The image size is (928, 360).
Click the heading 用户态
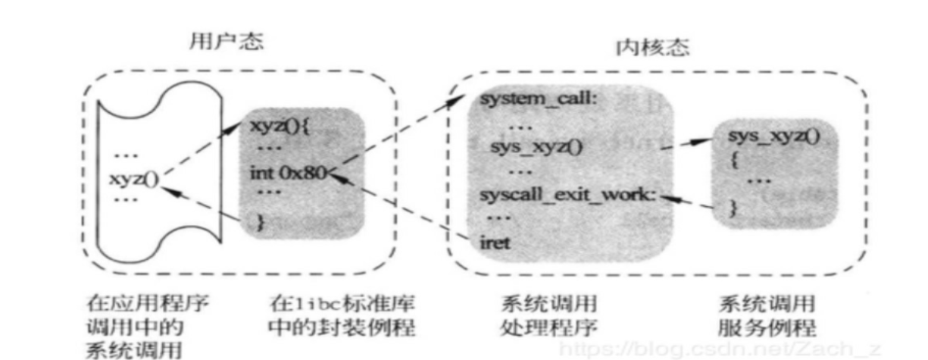[x=226, y=42]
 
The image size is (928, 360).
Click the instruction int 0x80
[x=288, y=173]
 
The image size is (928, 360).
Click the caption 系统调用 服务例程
[x=767, y=316]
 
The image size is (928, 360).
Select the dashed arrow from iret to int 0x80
[x=402, y=208]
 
